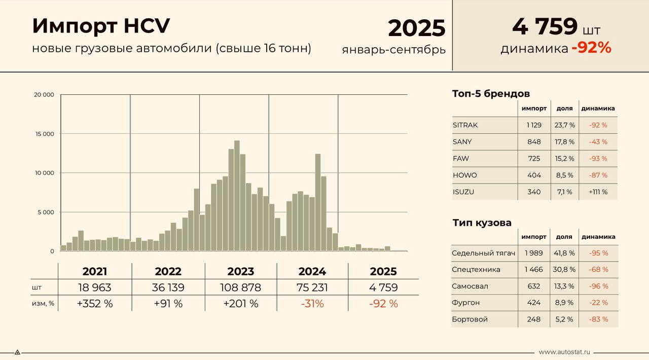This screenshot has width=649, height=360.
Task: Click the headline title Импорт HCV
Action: coord(101,26)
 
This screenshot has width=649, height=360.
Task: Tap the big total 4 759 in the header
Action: coord(545,26)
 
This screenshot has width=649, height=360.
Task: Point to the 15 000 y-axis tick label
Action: coord(44,134)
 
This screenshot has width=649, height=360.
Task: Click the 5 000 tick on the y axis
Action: coord(45,212)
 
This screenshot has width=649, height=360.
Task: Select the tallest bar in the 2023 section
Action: coord(237,195)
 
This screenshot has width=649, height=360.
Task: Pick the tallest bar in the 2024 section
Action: coord(318,202)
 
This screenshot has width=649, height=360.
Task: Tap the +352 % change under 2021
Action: coord(95,304)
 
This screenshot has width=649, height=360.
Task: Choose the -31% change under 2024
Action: coord(312,304)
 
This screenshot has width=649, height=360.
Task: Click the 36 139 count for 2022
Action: coord(168,287)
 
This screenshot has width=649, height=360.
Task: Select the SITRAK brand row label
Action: coord(465,125)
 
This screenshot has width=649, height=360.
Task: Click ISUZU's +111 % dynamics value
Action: coord(598,192)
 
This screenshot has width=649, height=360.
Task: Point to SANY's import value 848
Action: coord(534,142)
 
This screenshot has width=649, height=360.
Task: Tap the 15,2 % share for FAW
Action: coord(564,159)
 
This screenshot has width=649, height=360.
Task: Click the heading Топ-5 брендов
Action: coord(491,94)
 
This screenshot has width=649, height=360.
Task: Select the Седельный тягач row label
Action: coord(483,253)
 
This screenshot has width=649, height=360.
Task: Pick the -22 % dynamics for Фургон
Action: coord(598,303)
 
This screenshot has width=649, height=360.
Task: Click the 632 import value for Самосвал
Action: coord(534,286)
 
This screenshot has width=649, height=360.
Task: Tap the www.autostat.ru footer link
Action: coord(564,352)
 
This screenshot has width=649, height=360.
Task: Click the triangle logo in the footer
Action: coord(17,352)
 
